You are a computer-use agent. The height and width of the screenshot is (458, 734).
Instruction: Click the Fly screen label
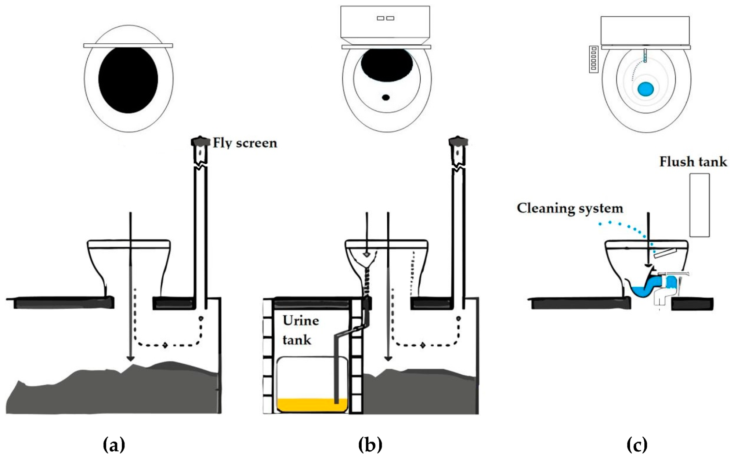(245, 143)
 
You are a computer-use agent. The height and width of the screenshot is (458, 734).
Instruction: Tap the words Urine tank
(300, 330)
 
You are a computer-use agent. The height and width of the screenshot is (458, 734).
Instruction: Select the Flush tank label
(693, 162)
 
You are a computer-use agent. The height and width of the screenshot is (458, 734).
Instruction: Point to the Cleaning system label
(570, 208)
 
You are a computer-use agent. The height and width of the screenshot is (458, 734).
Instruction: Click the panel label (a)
(114, 445)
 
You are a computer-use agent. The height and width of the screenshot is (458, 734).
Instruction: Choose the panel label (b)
(370, 445)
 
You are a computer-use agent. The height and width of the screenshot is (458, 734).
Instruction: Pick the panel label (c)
(637, 445)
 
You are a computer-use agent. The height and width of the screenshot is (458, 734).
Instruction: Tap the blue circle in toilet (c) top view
(646, 89)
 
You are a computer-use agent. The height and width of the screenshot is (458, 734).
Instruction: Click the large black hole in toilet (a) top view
(128, 80)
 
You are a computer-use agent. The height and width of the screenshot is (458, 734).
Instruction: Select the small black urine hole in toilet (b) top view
(386, 98)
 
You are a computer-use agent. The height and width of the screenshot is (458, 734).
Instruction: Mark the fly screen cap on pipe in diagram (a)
(200, 141)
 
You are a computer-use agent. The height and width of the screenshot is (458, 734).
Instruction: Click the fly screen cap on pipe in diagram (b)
(458, 141)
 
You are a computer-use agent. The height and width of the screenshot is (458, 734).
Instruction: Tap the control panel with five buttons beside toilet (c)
(593, 59)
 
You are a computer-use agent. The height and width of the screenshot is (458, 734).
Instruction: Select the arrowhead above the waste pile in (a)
(130, 358)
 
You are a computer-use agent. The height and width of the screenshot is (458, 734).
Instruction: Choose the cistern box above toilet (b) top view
(385, 22)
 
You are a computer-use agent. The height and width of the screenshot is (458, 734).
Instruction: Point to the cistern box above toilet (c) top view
(645, 31)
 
